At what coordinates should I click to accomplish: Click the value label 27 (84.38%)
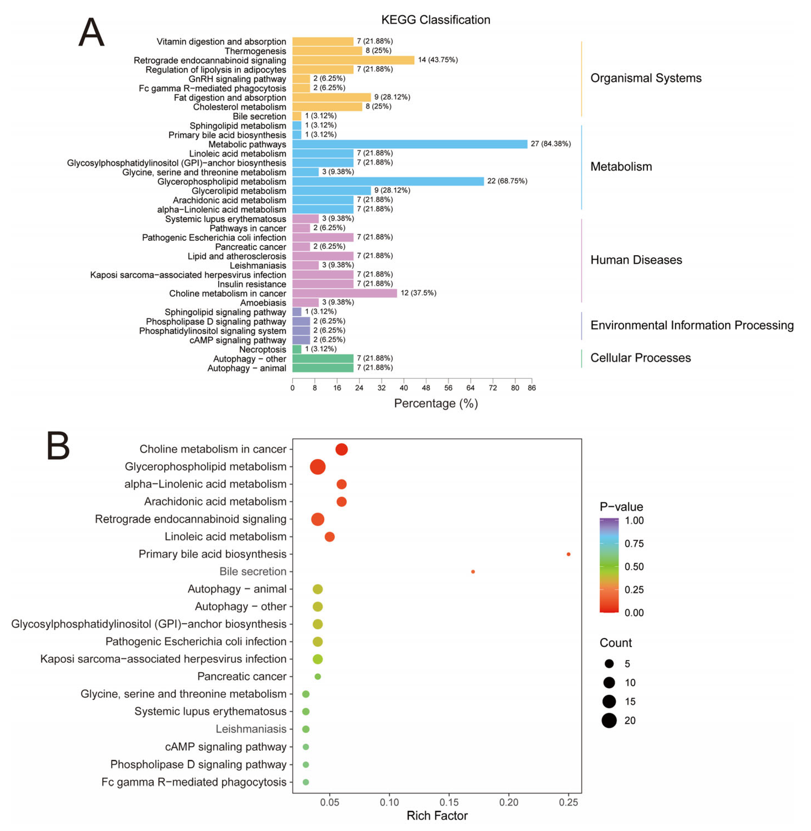[x=550, y=144]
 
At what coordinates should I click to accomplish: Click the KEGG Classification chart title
[x=435, y=20]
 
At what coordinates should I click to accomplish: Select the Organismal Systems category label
[x=645, y=78]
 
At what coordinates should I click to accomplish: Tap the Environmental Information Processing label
[x=691, y=325]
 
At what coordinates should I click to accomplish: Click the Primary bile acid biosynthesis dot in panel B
[x=568, y=554]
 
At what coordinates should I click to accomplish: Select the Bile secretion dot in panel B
[x=473, y=572]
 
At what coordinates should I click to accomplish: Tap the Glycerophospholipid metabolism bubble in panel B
[x=318, y=467]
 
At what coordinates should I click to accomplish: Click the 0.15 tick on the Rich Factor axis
[x=449, y=803]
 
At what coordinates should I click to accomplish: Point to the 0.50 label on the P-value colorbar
[x=634, y=566]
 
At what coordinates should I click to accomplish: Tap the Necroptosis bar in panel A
[x=297, y=349]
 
